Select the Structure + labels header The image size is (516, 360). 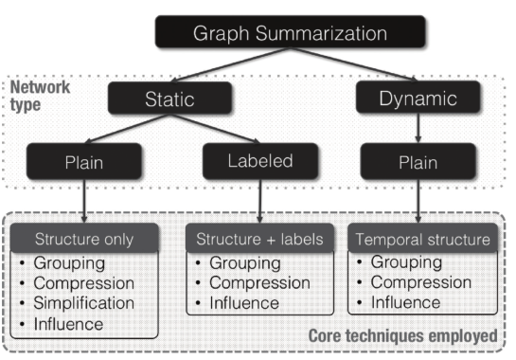tap(259, 239)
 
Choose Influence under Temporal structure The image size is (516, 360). tap(405, 303)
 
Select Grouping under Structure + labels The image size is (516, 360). tap(243, 261)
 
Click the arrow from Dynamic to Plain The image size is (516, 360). tap(418, 130)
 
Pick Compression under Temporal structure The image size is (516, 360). tap(420, 282)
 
